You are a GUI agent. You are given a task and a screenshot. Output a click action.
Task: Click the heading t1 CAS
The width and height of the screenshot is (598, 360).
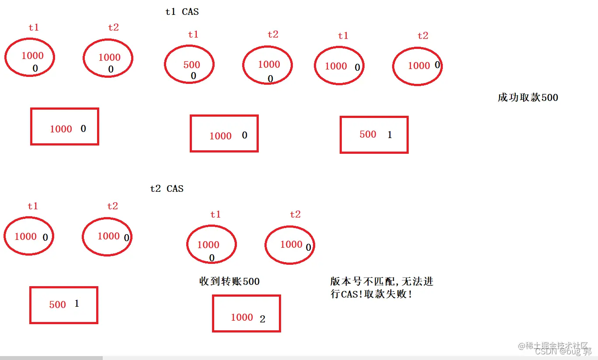[182, 12]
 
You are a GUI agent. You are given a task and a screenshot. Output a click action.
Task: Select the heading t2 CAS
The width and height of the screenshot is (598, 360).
[167, 189]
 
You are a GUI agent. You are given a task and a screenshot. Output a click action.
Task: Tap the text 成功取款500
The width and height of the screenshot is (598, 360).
[528, 97]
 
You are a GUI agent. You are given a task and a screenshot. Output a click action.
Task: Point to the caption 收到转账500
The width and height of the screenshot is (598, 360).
[229, 282]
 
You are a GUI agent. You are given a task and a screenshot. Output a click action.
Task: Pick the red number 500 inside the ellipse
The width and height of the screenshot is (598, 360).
[191, 65]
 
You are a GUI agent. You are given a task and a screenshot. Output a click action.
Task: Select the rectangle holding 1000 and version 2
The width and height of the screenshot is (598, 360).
[246, 313]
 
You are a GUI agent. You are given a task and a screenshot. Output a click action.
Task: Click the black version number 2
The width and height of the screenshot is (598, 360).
[262, 319]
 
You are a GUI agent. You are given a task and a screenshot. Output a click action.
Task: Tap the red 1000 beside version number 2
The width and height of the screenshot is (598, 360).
[242, 318]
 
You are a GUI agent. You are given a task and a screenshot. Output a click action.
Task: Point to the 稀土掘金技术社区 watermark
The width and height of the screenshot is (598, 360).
[553, 346]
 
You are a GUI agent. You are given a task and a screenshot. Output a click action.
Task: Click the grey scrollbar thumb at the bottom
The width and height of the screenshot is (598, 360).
[51, 358]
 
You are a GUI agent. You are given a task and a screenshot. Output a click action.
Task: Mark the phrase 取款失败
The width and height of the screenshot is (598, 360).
[393, 294]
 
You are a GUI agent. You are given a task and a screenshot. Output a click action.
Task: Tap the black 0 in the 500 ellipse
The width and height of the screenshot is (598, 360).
[193, 76]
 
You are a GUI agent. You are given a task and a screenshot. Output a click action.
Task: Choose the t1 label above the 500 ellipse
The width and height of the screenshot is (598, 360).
[193, 35]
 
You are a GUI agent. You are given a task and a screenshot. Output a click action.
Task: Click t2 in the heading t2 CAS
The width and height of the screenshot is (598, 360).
[155, 189]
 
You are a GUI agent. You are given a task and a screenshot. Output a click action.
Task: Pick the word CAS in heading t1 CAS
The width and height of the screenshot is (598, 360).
[190, 12]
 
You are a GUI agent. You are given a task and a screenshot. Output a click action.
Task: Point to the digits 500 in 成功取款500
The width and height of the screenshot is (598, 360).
[549, 97]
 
